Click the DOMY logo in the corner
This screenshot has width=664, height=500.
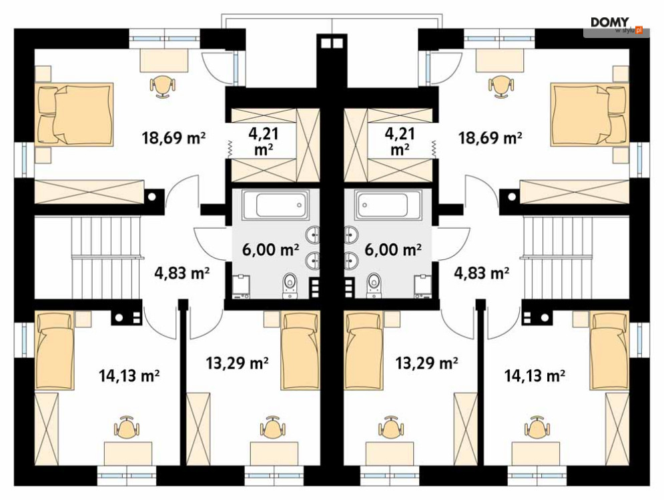point(617,25)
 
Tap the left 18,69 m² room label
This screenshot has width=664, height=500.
point(174,137)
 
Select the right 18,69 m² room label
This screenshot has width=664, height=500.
point(490,137)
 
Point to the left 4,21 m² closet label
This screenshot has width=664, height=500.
point(264,141)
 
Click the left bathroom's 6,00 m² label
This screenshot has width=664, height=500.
point(270,249)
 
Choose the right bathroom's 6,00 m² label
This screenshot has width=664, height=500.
point(393,249)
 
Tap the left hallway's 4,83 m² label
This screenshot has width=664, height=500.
point(182,273)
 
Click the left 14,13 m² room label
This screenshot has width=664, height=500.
point(129,375)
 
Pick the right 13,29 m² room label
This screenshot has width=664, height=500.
point(426,363)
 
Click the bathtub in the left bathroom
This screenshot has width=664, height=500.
point(276,205)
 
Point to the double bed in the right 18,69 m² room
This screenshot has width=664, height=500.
point(589,115)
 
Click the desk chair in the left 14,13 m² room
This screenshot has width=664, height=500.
point(126,427)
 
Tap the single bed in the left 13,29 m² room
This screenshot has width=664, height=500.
point(301,351)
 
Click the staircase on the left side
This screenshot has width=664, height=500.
point(106,257)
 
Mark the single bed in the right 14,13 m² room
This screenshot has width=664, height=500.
point(609,351)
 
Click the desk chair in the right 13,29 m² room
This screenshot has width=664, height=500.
point(390,427)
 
